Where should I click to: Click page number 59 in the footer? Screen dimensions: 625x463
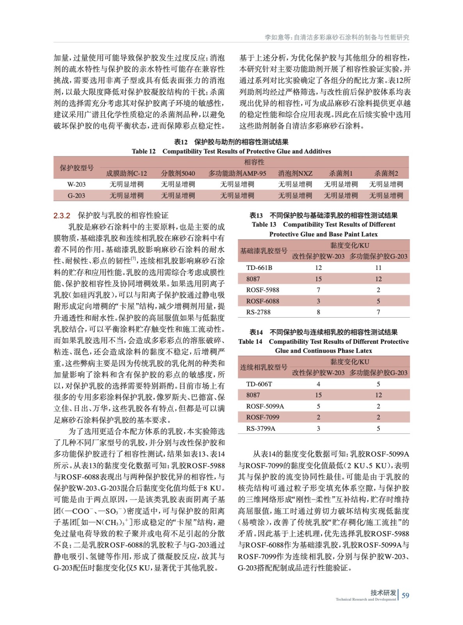pyautogui.click(x=405, y=595)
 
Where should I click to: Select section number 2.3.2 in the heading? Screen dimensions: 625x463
pyautogui.click(x=62, y=216)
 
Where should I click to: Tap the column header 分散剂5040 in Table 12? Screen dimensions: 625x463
pyautogui.click(x=178, y=173)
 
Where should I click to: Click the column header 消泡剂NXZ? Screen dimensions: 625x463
pyautogui.click(x=295, y=173)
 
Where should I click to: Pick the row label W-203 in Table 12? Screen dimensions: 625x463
pyautogui.click(x=76, y=184)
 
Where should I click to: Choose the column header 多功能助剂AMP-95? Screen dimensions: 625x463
pyautogui.click(x=237, y=173)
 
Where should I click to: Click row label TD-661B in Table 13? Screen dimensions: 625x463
pyautogui.click(x=259, y=268)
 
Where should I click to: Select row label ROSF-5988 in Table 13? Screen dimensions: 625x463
pyautogui.click(x=263, y=290)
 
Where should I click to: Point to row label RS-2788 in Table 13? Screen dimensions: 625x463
pyautogui.click(x=258, y=312)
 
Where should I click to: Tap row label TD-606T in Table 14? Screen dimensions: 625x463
pyautogui.click(x=259, y=384)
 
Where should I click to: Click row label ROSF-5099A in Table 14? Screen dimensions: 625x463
pyautogui.click(x=265, y=406)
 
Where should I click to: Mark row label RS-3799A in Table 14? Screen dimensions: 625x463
pyautogui.click(x=261, y=429)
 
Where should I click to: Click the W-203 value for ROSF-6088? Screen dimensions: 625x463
pyautogui.click(x=318, y=301)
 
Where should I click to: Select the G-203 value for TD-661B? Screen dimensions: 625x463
pyautogui.click(x=378, y=268)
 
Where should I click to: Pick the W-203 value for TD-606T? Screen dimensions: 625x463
pyautogui.click(x=318, y=384)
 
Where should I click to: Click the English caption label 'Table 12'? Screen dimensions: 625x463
pyautogui.click(x=144, y=152)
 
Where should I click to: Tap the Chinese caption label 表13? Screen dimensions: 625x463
pyautogui.click(x=256, y=215)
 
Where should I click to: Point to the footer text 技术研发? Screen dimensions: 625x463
pyautogui.click(x=383, y=593)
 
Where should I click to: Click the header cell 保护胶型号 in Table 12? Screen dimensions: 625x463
pyautogui.click(x=76, y=168)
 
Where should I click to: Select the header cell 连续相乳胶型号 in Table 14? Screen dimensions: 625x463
pyautogui.click(x=264, y=367)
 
